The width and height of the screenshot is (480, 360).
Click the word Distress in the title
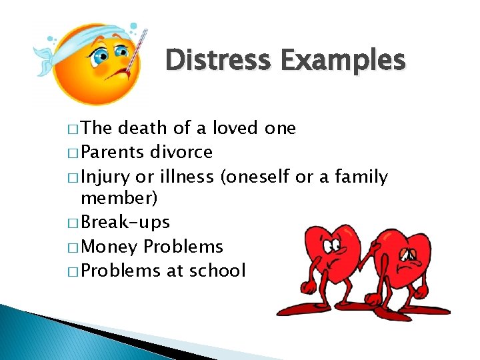(219, 60)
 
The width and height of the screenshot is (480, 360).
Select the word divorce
(181, 152)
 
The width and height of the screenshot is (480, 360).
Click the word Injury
(105, 177)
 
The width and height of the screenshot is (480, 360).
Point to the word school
(217, 270)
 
